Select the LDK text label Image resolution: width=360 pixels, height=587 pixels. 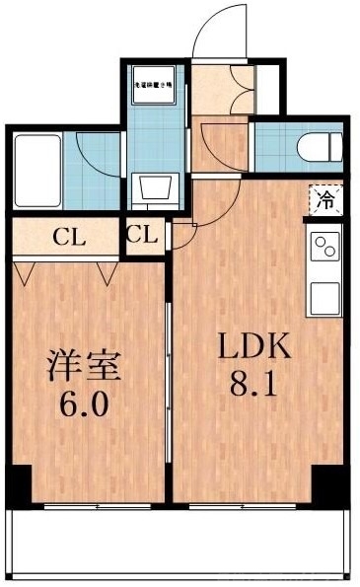click(x=253, y=347)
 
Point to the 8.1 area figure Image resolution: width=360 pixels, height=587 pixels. click(x=253, y=384)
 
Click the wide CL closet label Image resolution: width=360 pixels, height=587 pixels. click(x=68, y=237)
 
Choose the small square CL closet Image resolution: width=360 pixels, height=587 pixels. click(x=141, y=236)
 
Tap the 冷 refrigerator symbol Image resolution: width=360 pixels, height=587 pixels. click(x=325, y=201)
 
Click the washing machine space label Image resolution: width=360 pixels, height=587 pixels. click(x=155, y=85)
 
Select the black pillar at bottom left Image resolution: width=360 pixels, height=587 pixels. click(x=18, y=483)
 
